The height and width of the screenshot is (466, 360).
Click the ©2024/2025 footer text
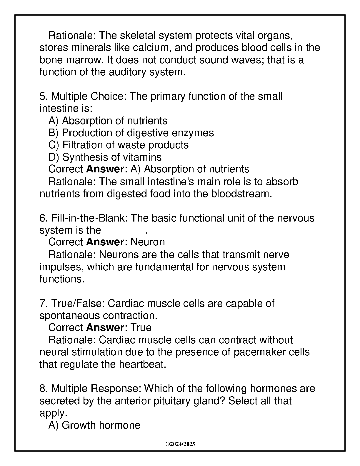tap(180, 444)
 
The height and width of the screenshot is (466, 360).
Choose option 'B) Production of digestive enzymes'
tap(131, 133)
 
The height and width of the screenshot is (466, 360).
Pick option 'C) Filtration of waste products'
tap(118, 145)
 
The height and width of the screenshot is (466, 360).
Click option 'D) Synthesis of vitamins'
tap(105, 157)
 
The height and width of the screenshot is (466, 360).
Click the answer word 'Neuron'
tap(148, 242)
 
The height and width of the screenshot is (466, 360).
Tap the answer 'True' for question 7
tap(141, 328)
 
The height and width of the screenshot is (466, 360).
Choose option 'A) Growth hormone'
tap(94, 425)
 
